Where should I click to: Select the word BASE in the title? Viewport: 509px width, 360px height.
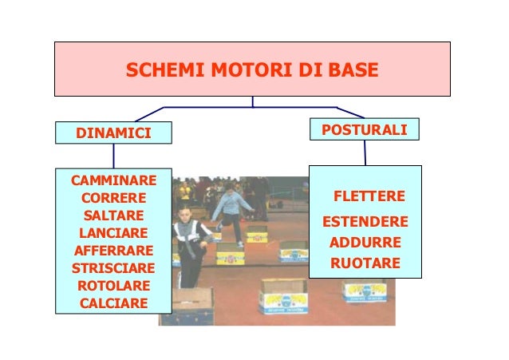[x=349, y=73]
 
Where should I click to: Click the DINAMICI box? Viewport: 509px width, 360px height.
[x=112, y=132]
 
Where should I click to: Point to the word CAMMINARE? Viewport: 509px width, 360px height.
[x=113, y=180]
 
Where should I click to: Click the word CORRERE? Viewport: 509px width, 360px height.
[x=113, y=197]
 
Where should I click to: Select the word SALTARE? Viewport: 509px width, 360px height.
[x=113, y=216]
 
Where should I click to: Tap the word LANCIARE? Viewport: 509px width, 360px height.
[x=113, y=233]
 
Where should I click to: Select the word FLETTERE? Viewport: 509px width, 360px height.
[x=369, y=196]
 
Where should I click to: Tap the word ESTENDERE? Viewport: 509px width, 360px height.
[x=365, y=221]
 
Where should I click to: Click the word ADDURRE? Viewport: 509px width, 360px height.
[x=365, y=242]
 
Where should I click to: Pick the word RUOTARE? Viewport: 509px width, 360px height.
[x=365, y=263]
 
